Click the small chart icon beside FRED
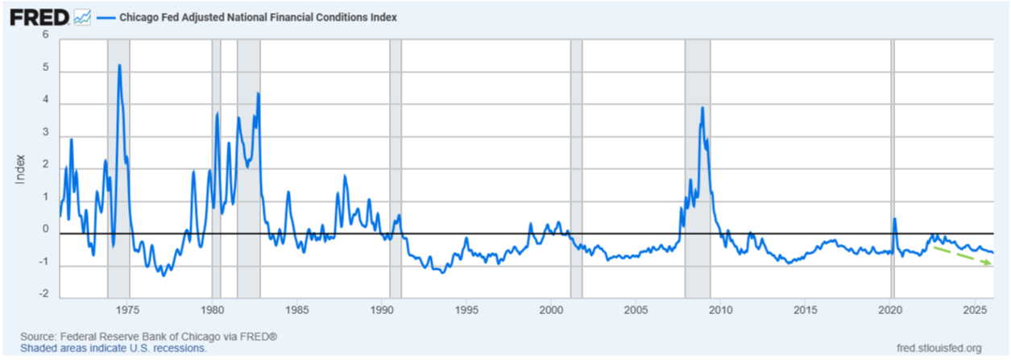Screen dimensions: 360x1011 82,16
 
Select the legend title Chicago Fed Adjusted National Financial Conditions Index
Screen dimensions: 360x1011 258,16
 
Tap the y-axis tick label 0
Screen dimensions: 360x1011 45,230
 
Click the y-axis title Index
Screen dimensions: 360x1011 21,168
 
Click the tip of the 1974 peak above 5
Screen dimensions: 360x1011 119,65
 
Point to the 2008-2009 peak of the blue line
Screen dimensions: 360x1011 702,108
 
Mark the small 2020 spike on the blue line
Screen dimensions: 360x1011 894,219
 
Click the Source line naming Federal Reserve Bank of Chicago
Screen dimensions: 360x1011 149,336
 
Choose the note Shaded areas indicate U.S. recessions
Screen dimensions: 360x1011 113,349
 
